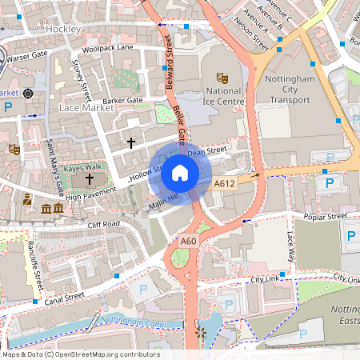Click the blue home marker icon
tap(180, 172)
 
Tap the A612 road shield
tap(225, 184)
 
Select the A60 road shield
tap(189, 241)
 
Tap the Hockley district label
tap(63, 29)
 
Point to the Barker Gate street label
tap(122, 101)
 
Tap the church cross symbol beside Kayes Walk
tap(90, 178)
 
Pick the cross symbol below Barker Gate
tap(131, 142)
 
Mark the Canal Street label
tap(64, 296)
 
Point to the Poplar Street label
tap(324, 216)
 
